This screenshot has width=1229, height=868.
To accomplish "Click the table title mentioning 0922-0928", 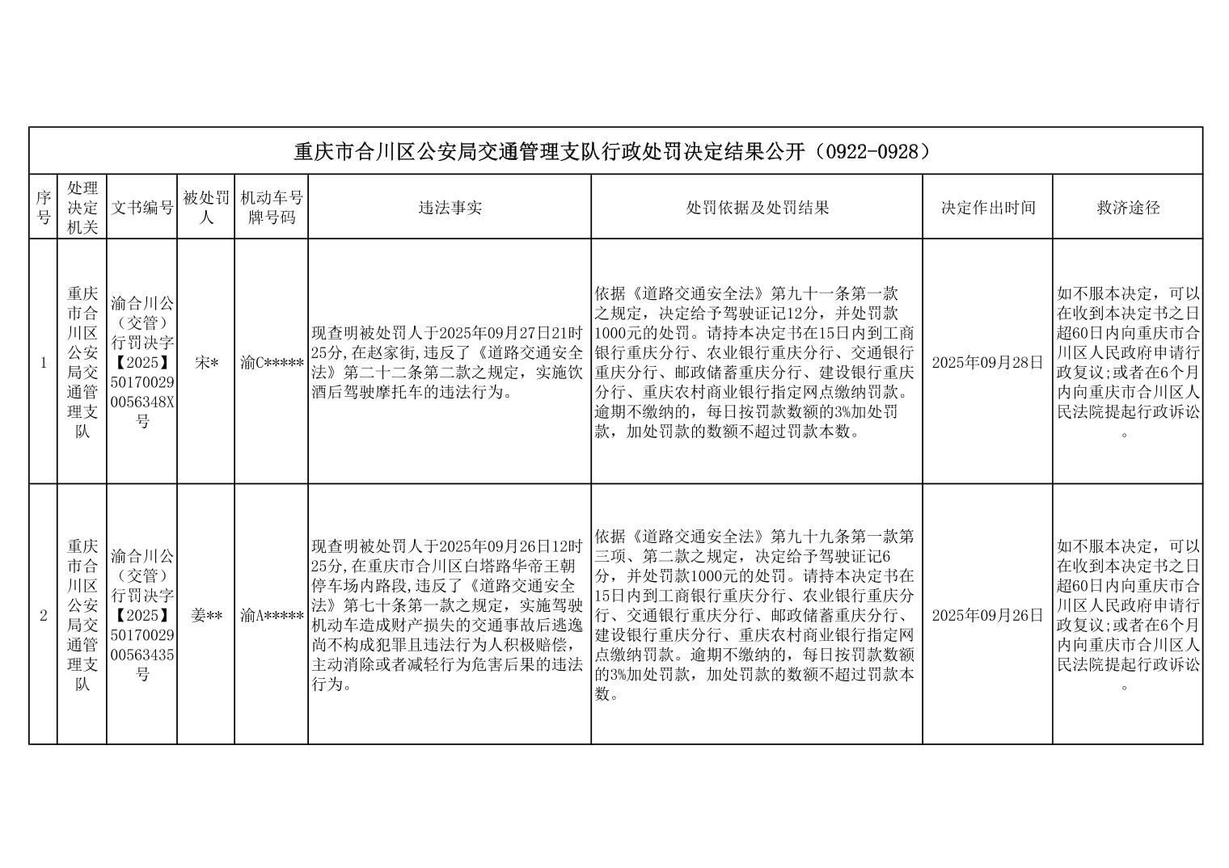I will pyautogui.click(x=614, y=151).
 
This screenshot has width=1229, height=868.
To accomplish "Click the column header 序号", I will pyautogui.click(x=43, y=208).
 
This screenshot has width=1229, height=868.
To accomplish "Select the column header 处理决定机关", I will pyautogui.click(x=82, y=208).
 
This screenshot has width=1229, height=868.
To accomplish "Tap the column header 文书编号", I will pyautogui.click(x=142, y=208).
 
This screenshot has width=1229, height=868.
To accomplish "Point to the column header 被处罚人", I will pyautogui.click(x=206, y=208).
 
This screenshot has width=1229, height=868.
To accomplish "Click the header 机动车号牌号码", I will pyautogui.click(x=272, y=208).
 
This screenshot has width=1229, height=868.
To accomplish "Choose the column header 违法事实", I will pyautogui.click(x=450, y=208).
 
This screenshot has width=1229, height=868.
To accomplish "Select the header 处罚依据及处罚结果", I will pyautogui.click(x=757, y=208).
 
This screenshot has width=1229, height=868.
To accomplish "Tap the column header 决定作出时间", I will pyautogui.click(x=987, y=208).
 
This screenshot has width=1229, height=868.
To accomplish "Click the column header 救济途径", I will pyautogui.click(x=1128, y=208).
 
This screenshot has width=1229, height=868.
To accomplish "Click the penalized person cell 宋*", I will pyautogui.click(x=206, y=363).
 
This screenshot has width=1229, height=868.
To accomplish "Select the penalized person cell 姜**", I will pyautogui.click(x=206, y=615).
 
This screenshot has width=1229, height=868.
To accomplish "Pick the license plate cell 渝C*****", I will pyautogui.click(x=272, y=363).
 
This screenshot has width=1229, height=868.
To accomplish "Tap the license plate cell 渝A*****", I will pyautogui.click(x=272, y=615).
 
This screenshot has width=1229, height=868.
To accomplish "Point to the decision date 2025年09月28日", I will pyautogui.click(x=987, y=363).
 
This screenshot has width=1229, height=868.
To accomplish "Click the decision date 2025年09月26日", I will pyautogui.click(x=987, y=615).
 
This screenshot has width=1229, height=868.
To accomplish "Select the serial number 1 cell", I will pyautogui.click(x=44, y=363).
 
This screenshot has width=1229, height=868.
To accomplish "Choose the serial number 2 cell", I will pyautogui.click(x=44, y=615).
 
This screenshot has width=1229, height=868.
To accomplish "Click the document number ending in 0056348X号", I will pyautogui.click(x=142, y=363).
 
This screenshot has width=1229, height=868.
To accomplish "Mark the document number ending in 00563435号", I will pyautogui.click(x=142, y=615).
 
